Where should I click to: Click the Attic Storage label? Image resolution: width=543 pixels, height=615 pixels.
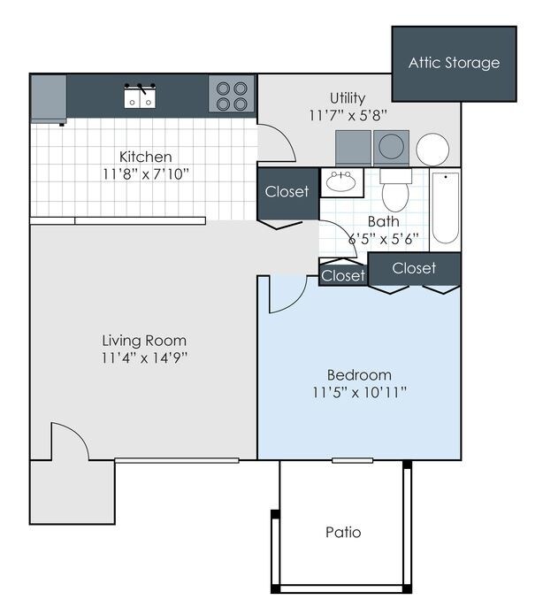point(454,63)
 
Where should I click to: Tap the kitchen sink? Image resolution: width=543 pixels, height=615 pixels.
point(139,96)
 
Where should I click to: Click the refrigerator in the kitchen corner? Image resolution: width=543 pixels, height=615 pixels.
point(49,97)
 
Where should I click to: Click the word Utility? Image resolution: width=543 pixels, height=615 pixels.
point(348,97)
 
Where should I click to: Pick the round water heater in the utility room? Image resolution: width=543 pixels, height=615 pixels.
point(432,150)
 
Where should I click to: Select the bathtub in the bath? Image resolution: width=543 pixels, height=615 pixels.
point(445,210)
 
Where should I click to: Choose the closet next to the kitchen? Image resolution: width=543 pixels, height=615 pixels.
point(287,192)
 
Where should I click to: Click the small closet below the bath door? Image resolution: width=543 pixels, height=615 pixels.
point(343,276)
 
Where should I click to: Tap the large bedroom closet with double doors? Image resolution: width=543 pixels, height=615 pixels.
point(414,268)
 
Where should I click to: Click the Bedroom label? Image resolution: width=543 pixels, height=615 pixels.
point(358,374)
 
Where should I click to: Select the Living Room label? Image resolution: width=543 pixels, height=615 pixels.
point(143,341)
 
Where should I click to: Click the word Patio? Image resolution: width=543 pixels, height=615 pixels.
point(343,533)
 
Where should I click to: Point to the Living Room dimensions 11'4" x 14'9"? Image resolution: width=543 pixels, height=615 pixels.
point(143,358)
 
